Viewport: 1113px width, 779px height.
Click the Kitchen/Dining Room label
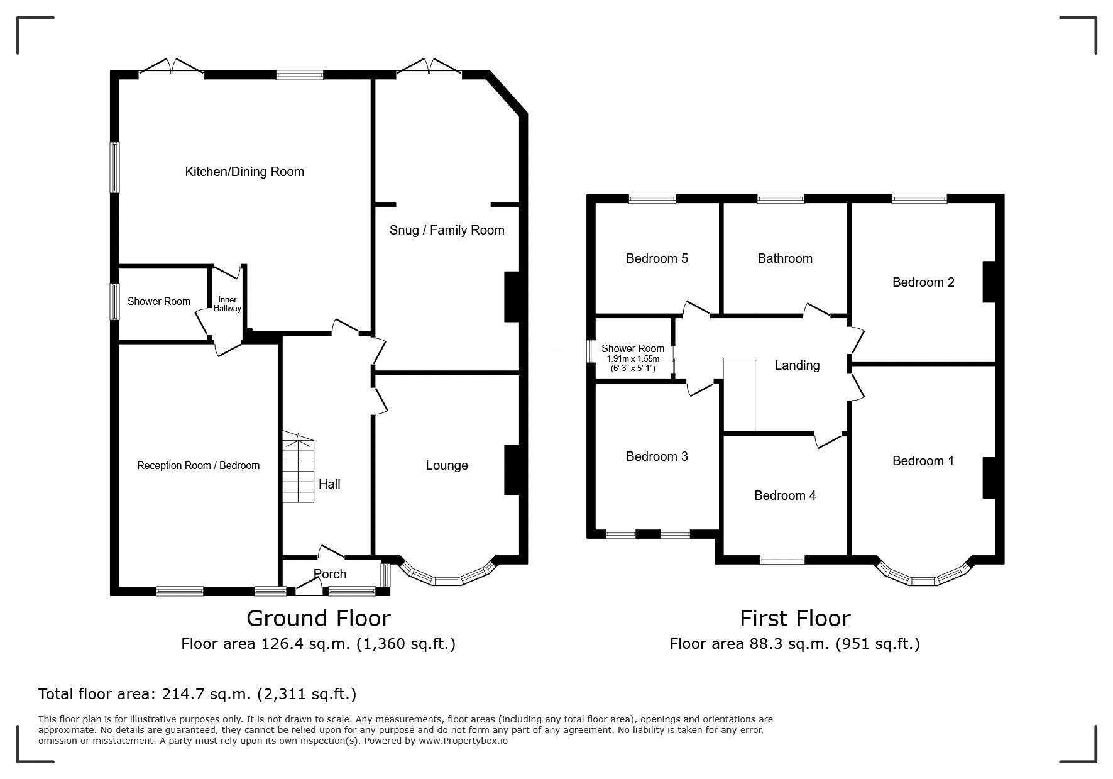pyautogui.click(x=244, y=172)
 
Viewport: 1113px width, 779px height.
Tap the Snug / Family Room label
pyautogui.click(x=447, y=230)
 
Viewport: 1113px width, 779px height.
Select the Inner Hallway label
pyautogui.click(x=227, y=304)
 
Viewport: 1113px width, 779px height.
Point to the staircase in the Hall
pyautogui.click(x=297, y=467)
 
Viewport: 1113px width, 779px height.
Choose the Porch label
pyautogui.click(x=330, y=574)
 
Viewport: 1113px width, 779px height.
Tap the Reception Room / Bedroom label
pyautogui.click(x=199, y=466)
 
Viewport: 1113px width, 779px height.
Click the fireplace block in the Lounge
pyautogui.click(x=512, y=470)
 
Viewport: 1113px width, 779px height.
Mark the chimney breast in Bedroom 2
pyautogui.click(x=990, y=282)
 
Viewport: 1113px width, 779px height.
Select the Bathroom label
pyautogui.click(x=785, y=258)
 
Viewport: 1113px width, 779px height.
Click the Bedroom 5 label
pyautogui.click(x=657, y=258)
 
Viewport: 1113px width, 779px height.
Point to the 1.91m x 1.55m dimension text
pyautogui.click(x=633, y=359)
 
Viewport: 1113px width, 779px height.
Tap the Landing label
pyautogui.click(x=797, y=365)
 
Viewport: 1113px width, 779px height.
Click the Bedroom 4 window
pyautogui.click(x=782, y=560)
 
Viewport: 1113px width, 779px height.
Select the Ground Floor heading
pyautogui.click(x=318, y=619)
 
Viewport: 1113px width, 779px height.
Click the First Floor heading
pyautogui.click(x=795, y=619)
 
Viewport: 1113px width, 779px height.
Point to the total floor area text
pyautogui.click(x=197, y=694)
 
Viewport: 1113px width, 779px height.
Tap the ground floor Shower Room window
pyautogui.click(x=115, y=302)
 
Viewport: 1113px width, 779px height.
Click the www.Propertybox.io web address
pyautogui.click(x=463, y=741)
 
